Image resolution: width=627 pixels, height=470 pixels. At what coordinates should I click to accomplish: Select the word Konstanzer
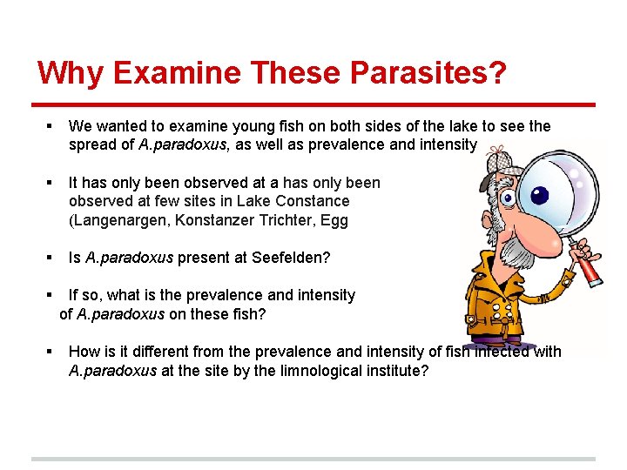(215, 220)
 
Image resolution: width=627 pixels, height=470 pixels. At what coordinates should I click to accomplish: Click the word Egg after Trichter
(334, 220)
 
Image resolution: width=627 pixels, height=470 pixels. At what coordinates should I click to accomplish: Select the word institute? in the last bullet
(399, 371)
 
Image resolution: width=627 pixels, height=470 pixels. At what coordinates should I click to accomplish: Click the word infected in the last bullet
(496, 352)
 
